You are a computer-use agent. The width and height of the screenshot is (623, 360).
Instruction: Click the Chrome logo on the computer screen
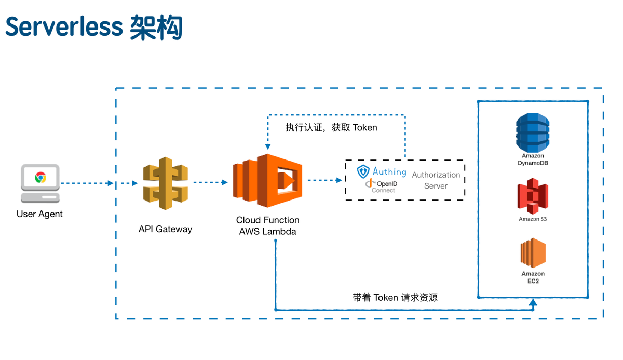(40, 177)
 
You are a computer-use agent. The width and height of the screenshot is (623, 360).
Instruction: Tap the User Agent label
(39, 214)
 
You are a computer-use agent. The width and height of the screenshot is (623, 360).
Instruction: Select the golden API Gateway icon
(165, 183)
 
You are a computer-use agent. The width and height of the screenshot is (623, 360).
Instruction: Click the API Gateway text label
(165, 229)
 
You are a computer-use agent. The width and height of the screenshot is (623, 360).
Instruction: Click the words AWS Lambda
(267, 232)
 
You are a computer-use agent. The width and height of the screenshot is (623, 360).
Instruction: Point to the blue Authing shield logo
(363, 171)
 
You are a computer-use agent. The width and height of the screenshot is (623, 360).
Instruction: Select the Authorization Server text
(436, 180)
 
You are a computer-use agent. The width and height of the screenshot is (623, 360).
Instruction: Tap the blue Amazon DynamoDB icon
(533, 134)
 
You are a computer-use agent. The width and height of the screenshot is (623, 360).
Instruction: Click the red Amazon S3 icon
(533, 196)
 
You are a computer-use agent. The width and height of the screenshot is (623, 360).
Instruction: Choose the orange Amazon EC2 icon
(533, 253)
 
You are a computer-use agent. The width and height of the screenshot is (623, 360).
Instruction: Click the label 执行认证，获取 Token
(331, 127)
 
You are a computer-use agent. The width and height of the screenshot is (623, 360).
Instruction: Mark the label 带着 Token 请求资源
(395, 298)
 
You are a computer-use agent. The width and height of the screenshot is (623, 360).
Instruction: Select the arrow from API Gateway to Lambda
(210, 182)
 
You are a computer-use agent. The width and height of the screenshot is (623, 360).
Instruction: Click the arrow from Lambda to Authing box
(324, 181)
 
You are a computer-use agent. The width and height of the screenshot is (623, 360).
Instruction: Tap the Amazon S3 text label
(533, 219)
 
